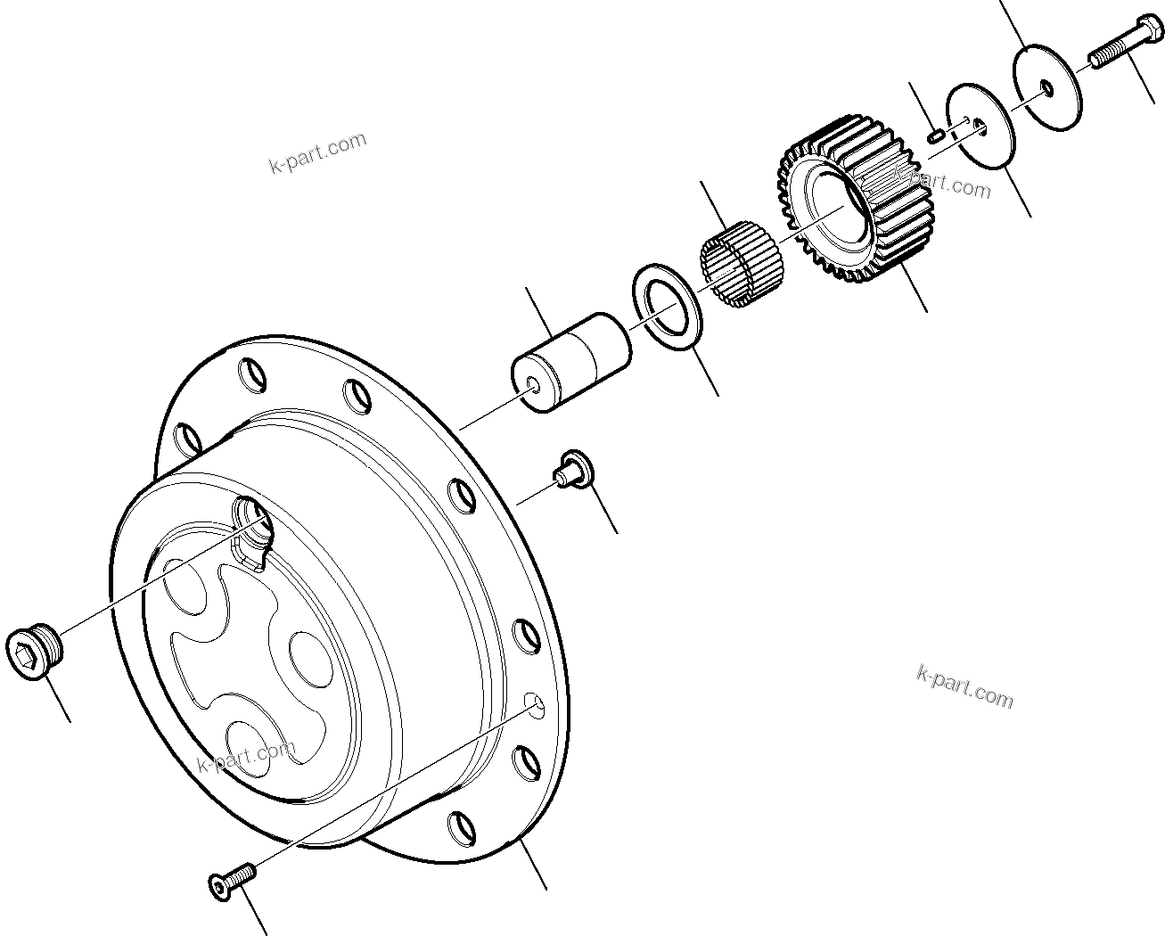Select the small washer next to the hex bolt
pyautogui.click(x=1046, y=86)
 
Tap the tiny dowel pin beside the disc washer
pyautogui.click(x=936, y=135)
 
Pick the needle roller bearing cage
pyautogui.click(x=740, y=262)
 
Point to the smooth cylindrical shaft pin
pyautogui.click(x=570, y=361)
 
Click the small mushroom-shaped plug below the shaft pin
pyautogui.click(x=571, y=470)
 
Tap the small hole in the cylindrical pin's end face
pyautogui.click(x=531, y=384)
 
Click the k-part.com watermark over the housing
pyautogui.click(x=244, y=757)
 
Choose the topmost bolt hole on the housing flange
pyautogui.click(x=252, y=372)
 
